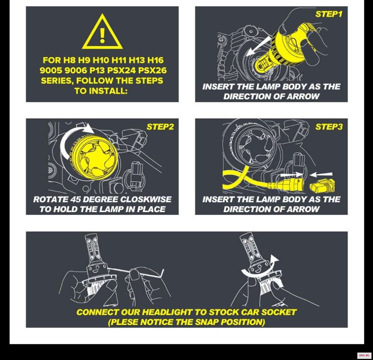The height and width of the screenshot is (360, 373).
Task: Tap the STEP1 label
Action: tap(329, 14)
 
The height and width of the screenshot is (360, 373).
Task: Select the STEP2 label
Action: tap(160, 127)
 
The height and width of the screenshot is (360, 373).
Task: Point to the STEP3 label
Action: tap(329, 127)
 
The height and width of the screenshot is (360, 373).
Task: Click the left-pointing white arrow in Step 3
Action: tap(321, 174)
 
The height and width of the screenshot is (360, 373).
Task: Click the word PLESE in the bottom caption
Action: tap(124, 322)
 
